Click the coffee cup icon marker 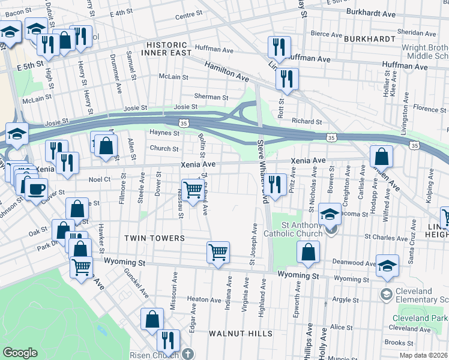tap(35, 188)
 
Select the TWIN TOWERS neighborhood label tap(154, 238)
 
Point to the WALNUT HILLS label tap(240, 333)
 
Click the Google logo tap(20, 353)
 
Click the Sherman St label tap(211, 97)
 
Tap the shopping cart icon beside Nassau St tap(193, 190)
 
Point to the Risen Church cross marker tap(188, 354)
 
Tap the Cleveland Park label tap(419, 317)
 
